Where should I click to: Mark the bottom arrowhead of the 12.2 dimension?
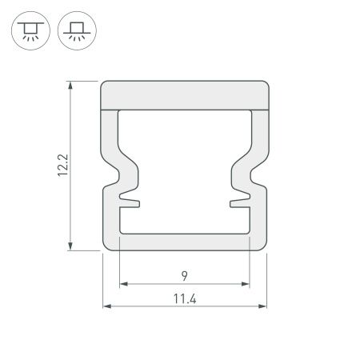(73, 246)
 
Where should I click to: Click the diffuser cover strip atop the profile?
(184, 94)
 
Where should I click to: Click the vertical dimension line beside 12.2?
(73, 128)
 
